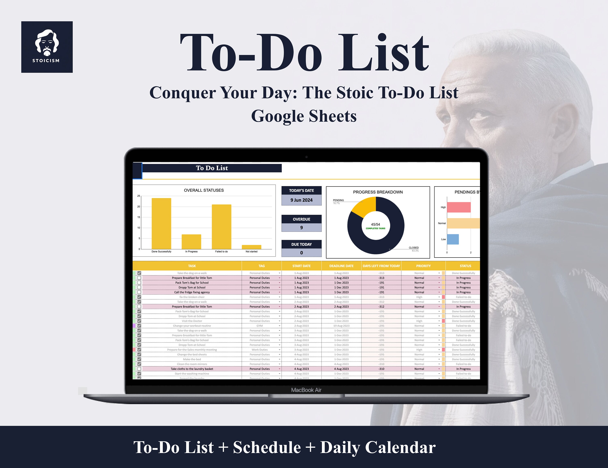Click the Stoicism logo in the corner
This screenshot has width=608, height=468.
[x=47, y=47]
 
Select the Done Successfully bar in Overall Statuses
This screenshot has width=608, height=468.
[x=161, y=223]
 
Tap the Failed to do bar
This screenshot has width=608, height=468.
[x=221, y=227]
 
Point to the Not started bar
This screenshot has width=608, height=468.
[x=251, y=247]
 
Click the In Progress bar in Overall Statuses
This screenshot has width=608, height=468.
[x=191, y=242]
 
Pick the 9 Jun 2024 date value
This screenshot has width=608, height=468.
[x=302, y=200]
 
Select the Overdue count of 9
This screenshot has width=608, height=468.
[x=302, y=228]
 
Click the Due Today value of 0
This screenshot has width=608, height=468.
[x=302, y=253]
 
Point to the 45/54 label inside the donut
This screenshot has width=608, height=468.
[x=376, y=224]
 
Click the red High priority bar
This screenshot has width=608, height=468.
[x=458, y=207]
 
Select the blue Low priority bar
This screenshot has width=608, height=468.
[x=453, y=239]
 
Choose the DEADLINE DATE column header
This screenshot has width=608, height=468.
[x=341, y=266]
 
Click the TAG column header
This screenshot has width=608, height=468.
[x=262, y=266]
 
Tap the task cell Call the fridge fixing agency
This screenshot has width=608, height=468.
[x=192, y=292]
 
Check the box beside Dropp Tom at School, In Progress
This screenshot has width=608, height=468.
[x=139, y=288]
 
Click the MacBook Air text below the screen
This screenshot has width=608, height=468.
[x=306, y=390]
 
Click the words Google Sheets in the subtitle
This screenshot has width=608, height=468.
[x=304, y=116]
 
